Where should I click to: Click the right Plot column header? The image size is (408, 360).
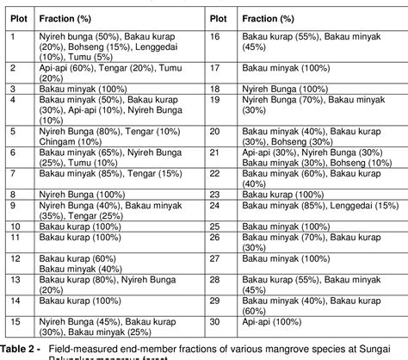click(219, 17)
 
